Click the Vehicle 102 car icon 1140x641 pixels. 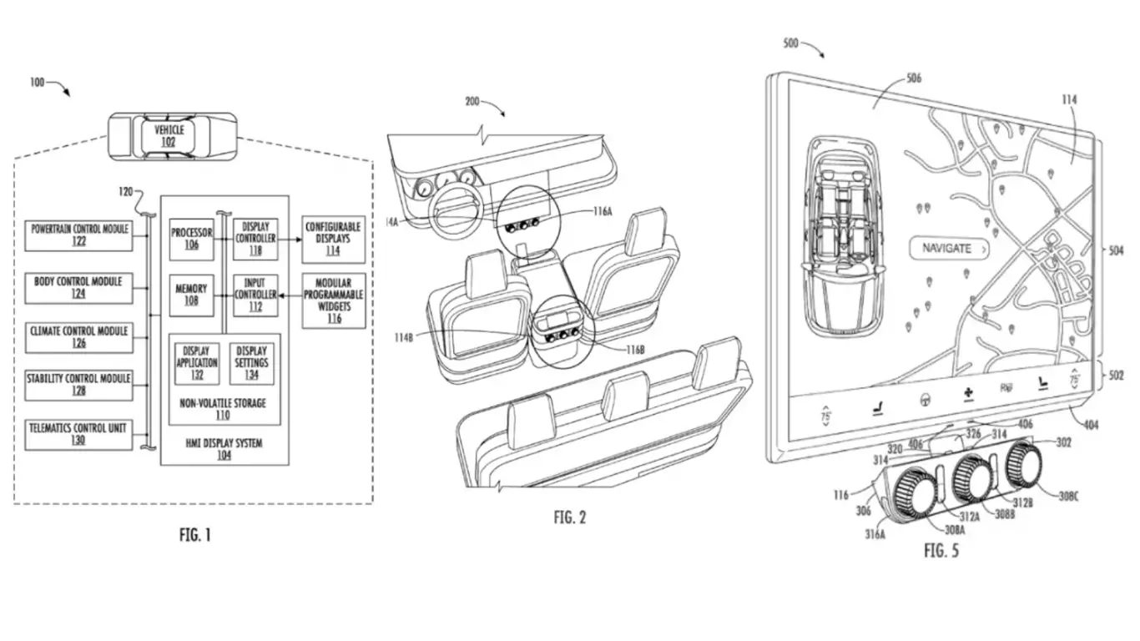pyautogui.click(x=169, y=135)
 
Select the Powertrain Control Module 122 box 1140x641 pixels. pyautogui.click(x=79, y=235)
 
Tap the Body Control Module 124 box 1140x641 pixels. pyautogui.click(x=79, y=286)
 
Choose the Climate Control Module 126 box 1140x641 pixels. pyautogui.click(x=79, y=336)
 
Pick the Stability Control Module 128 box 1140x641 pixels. pyautogui.click(x=79, y=384)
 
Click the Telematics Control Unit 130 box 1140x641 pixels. pyautogui.click(x=79, y=434)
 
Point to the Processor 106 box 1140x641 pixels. pyautogui.click(x=191, y=238)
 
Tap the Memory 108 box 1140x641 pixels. pyautogui.click(x=191, y=294)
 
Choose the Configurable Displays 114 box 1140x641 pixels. pyautogui.click(x=333, y=238)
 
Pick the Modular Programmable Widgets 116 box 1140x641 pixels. pyautogui.click(x=333, y=300)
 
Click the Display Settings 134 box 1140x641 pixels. pyautogui.click(x=251, y=363)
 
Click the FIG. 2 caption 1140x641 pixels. pyautogui.click(x=570, y=517)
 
